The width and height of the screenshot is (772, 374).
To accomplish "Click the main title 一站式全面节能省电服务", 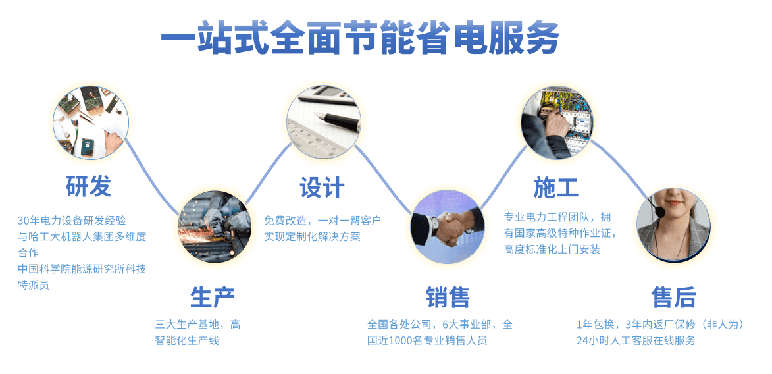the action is (360, 38).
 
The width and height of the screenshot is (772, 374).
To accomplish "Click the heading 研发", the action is (89, 186).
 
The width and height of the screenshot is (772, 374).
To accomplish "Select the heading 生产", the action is (213, 297).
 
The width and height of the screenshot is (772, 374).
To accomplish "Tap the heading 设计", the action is (322, 187).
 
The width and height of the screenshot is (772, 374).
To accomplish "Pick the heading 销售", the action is (448, 297).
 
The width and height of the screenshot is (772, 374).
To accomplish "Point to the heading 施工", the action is (556, 187).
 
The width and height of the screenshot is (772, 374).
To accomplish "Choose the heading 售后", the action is (673, 297).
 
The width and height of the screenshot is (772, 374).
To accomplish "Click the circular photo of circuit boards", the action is (91, 122).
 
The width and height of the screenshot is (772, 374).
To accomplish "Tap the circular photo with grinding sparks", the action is (214, 227).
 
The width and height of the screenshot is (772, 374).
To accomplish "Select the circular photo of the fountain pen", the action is (324, 122).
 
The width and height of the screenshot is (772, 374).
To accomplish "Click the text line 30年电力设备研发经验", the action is (72, 221).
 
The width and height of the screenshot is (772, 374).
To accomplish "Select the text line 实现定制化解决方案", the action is (312, 236).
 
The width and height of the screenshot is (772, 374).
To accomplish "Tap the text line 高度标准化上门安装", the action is (552, 250).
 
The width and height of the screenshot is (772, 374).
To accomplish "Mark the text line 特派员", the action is (34, 285).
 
